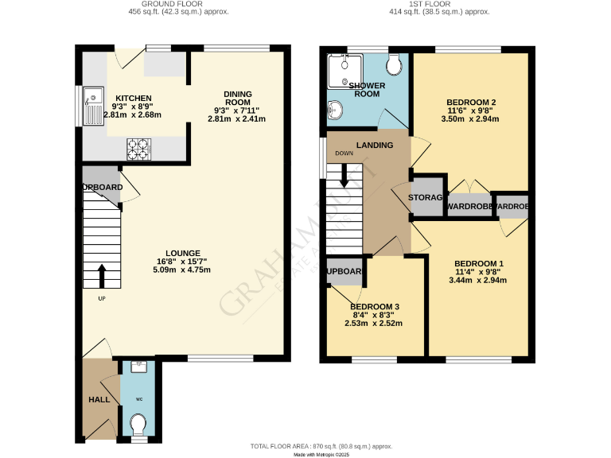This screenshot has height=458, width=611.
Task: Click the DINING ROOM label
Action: [237, 98]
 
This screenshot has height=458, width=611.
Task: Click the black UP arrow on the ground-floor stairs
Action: [101, 276]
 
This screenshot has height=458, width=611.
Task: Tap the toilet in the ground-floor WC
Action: [138, 422]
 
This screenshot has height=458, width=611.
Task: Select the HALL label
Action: [99, 399]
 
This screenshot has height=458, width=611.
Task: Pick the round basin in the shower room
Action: [336, 110]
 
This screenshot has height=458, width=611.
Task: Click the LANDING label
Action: [374, 146]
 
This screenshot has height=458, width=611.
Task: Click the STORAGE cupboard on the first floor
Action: [426, 196]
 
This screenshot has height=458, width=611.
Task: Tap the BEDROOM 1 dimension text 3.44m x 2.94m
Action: [480, 281]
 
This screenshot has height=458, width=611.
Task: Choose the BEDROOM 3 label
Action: [375, 307]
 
